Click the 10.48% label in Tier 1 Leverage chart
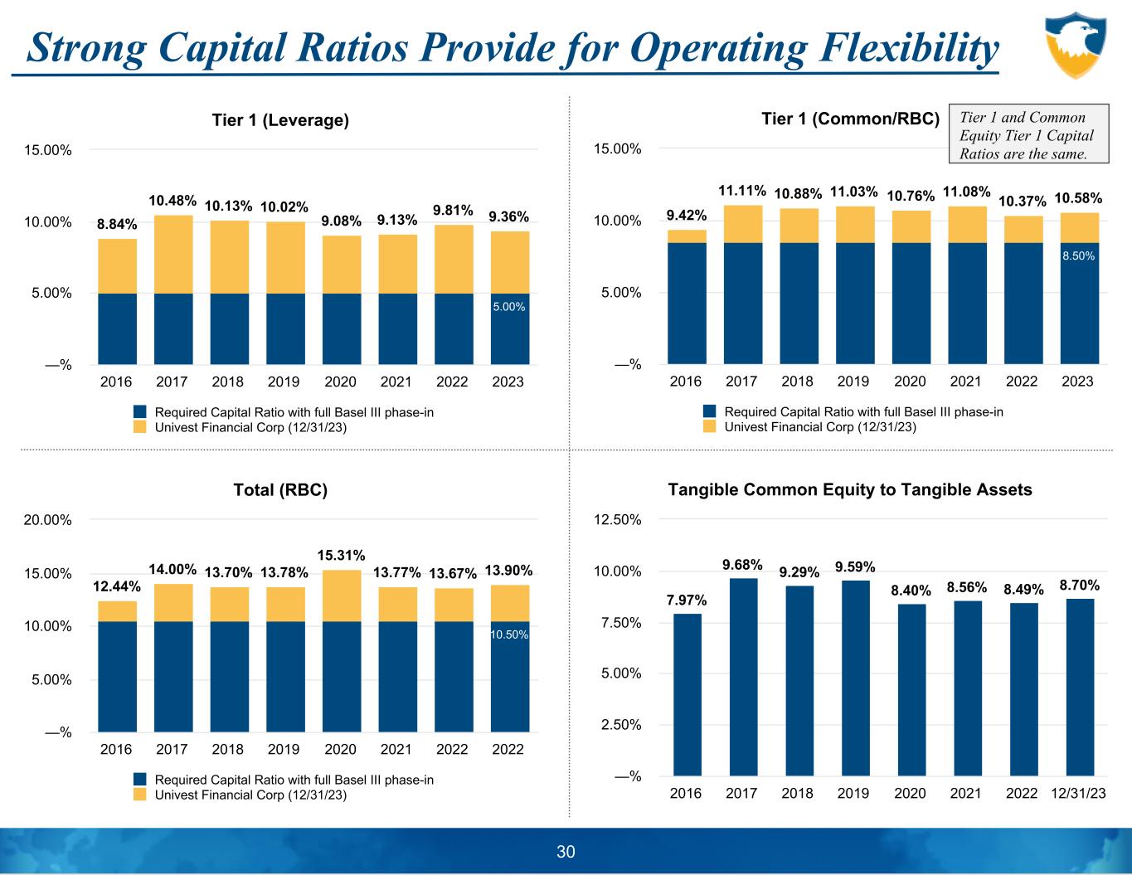point(172,201)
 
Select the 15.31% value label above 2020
point(341,554)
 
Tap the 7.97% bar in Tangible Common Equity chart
point(687,694)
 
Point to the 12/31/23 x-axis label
point(1078,794)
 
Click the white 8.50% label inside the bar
point(1078,256)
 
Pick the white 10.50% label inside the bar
point(509,634)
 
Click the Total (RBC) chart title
point(280,490)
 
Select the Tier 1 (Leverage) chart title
point(280,120)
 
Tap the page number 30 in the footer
point(566,852)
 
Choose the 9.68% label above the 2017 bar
point(744,565)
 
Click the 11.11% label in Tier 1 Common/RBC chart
point(741,191)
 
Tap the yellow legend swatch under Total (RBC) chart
point(140,795)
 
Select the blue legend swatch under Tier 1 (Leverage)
point(140,412)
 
